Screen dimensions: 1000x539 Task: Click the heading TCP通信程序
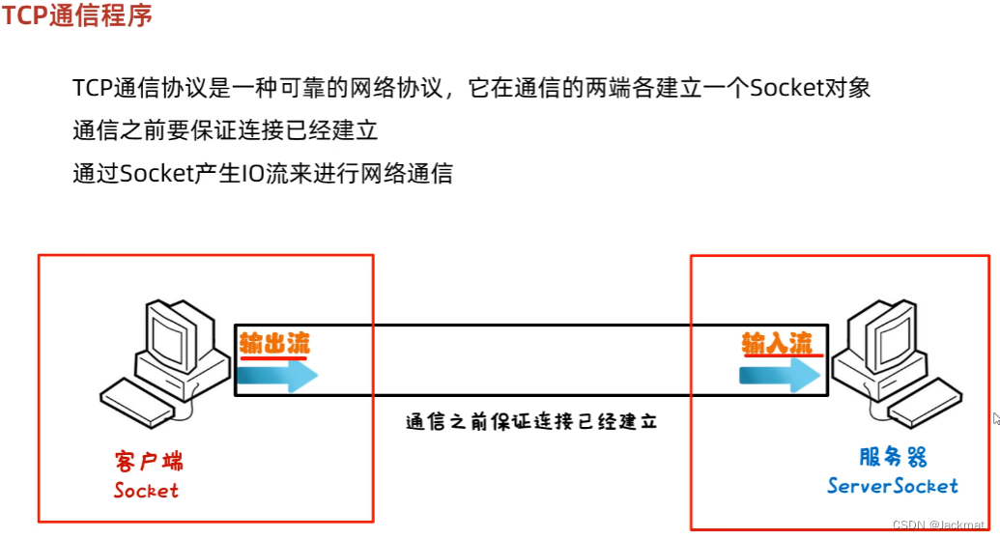[x=76, y=16]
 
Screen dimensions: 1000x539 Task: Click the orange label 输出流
[x=274, y=343]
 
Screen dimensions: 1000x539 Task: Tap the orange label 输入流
[x=777, y=343]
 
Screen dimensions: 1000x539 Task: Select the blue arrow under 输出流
[x=277, y=376]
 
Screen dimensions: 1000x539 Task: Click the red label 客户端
[x=148, y=460]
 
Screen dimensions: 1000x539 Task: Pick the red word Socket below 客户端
[x=146, y=491]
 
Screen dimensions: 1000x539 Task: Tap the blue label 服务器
[x=893, y=457]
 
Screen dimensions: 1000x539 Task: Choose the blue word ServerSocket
[x=892, y=486]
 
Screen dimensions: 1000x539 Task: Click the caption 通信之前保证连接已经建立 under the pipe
[x=531, y=422]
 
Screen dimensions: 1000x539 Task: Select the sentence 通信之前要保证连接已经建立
[x=225, y=131]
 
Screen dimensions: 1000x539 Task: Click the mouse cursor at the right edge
[x=995, y=418]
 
